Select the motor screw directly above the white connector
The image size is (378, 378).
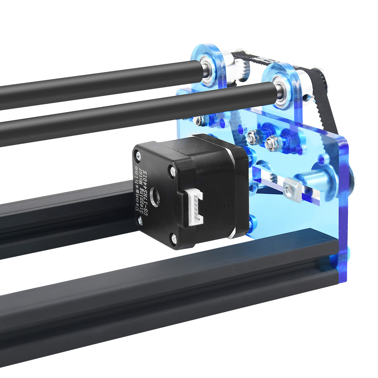pos(173,170)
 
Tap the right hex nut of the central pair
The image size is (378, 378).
pos(271,143)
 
